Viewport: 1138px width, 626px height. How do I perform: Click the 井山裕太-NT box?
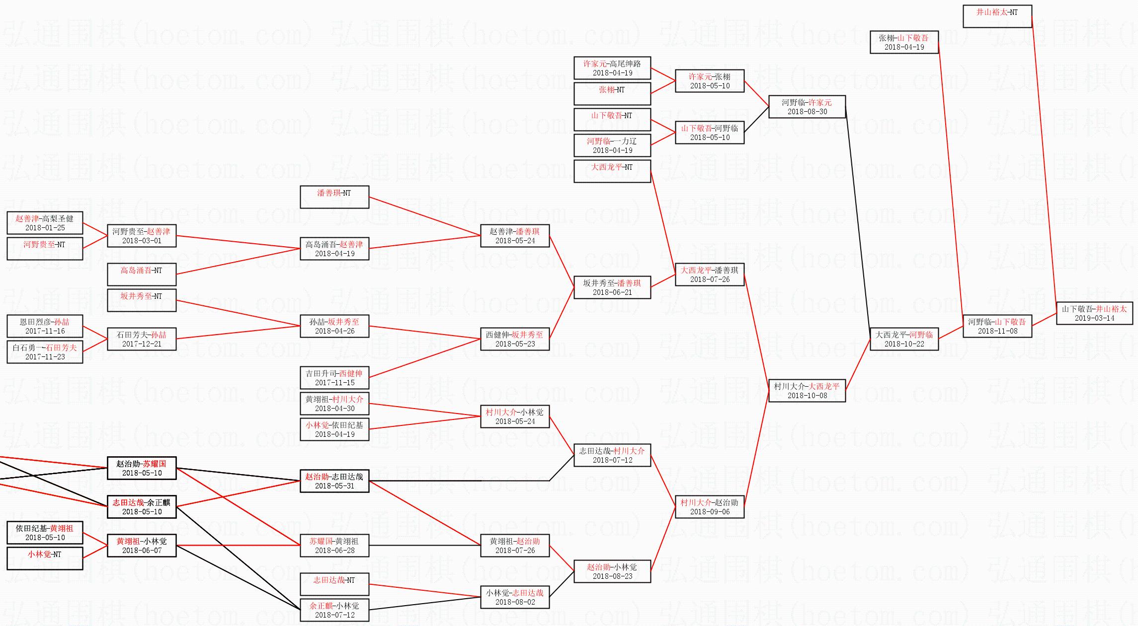[x=997, y=16]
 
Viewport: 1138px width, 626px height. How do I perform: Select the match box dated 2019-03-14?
[x=1094, y=313]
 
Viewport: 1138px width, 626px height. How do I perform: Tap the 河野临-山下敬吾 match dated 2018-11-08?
[x=997, y=326]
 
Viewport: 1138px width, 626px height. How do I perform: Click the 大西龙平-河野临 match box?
[x=904, y=339]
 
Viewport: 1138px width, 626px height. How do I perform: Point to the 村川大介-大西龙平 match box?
[x=807, y=391]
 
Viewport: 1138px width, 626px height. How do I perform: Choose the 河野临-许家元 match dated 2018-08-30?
[x=807, y=107]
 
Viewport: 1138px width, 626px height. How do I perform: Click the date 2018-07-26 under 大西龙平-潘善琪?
[x=710, y=279]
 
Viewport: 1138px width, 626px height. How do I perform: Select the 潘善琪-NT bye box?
[x=334, y=197]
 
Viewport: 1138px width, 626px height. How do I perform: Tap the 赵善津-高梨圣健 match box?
[x=45, y=223]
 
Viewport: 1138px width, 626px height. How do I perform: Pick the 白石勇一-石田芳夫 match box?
[x=45, y=352]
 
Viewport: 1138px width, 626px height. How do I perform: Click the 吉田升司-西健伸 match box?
[x=334, y=378]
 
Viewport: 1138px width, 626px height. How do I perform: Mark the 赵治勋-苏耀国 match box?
[x=142, y=468]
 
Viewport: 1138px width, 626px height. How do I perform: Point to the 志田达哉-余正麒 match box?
[x=142, y=507]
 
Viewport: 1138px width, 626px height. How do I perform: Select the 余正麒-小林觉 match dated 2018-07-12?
[x=334, y=610]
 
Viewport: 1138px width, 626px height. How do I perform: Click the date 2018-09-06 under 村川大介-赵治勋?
[x=710, y=512]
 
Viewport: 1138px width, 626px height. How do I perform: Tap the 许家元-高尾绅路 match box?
[x=612, y=68]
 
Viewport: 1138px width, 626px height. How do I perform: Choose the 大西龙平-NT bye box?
[x=612, y=171]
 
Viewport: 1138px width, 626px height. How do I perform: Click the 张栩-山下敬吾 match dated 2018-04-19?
[x=904, y=42]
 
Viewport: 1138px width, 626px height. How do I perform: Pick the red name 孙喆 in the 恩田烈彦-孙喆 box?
[x=62, y=322]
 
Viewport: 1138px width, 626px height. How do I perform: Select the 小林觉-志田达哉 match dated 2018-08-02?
[x=515, y=597]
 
